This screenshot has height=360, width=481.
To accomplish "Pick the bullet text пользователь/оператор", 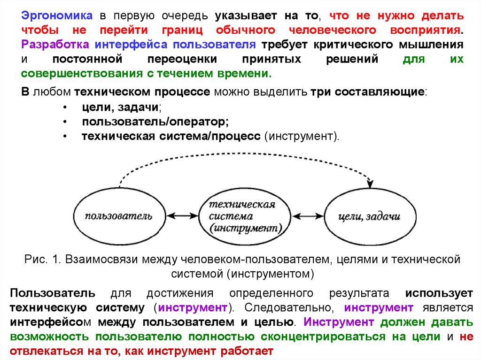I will coord(155,122).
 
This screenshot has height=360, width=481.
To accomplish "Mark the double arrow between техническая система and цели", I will coord(305,216).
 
